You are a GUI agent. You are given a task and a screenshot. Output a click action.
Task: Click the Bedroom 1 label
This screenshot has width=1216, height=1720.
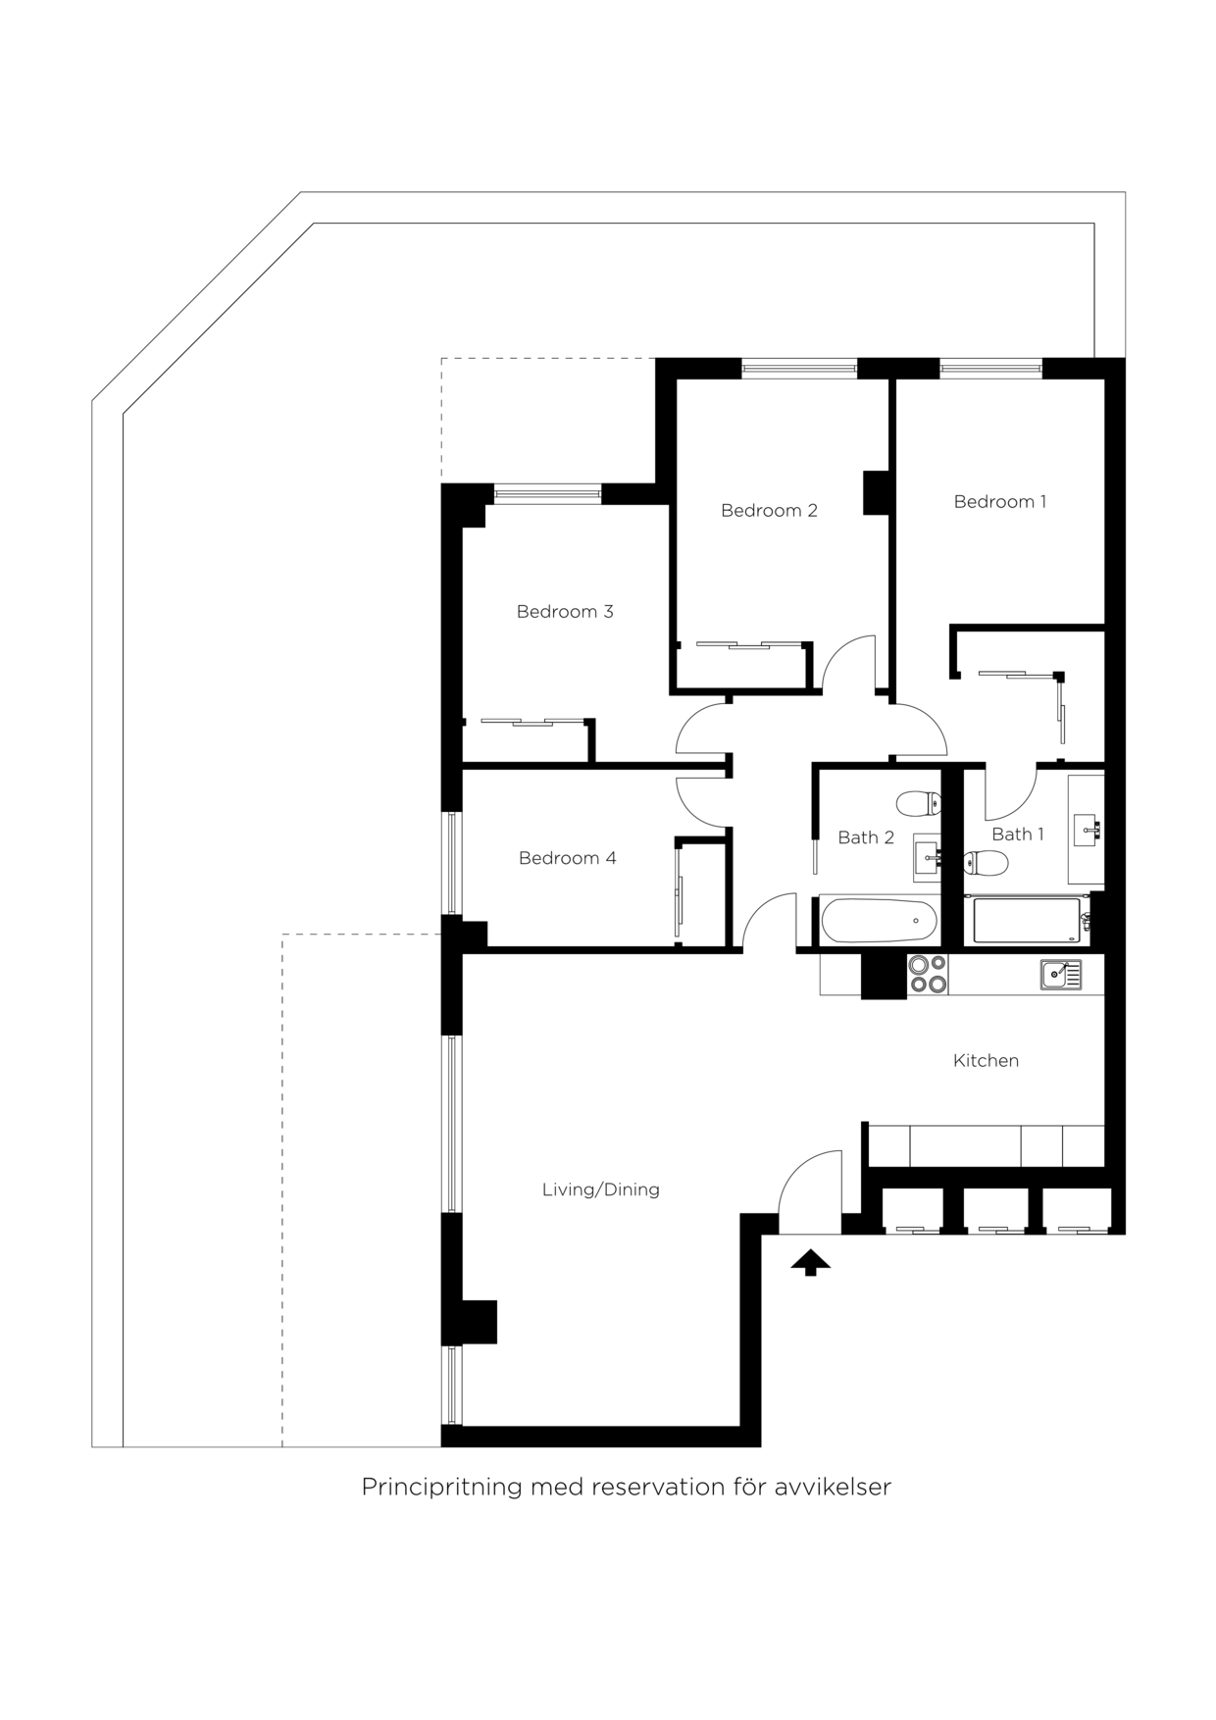pyautogui.click(x=999, y=502)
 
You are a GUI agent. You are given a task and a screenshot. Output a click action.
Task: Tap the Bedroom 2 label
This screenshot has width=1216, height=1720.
pyautogui.click(x=769, y=511)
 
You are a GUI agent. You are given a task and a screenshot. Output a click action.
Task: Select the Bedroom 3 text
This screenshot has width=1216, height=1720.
pyautogui.click(x=565, y=612)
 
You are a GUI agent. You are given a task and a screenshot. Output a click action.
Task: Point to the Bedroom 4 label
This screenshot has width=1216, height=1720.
pyautogui.click(x=567, y=859)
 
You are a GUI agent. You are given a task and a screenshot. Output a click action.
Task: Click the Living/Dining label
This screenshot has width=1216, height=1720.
pyautogui.click(x=600, y=1189)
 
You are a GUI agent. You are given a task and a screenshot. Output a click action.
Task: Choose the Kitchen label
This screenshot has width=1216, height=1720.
pyautogui.click(x=986, y=1061)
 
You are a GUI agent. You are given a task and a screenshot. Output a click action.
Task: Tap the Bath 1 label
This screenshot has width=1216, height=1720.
pyautogui.click(x=1017, y=835)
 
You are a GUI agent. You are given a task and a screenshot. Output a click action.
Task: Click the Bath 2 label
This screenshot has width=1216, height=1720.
pyautogui.click(x=865, y=837)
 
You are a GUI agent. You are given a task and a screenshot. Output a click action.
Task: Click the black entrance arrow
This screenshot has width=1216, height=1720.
pyautogui.click(x=810, y=1263)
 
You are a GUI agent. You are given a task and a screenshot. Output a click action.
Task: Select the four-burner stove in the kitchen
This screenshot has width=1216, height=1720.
pyautogui.click(x=927, y=974)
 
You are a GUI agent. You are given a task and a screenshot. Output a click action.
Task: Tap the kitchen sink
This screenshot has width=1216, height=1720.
pyautogui.click(x=1060, y=974)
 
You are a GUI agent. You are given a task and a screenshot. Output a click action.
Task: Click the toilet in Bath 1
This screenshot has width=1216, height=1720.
pyautogui.click(x=987, y=863)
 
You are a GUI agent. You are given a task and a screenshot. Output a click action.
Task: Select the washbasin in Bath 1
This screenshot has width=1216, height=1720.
pyautogui.click(x=1087, y=830)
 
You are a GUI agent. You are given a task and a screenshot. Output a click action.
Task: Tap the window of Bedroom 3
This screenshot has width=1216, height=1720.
pyautogui.click(x=547, y=493)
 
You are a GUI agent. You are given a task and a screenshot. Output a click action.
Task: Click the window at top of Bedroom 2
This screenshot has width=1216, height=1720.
pyautogui.click(x=799, y=369)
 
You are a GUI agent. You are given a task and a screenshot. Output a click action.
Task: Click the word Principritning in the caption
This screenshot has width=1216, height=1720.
pyautogui.click(x=440, y=1488)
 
